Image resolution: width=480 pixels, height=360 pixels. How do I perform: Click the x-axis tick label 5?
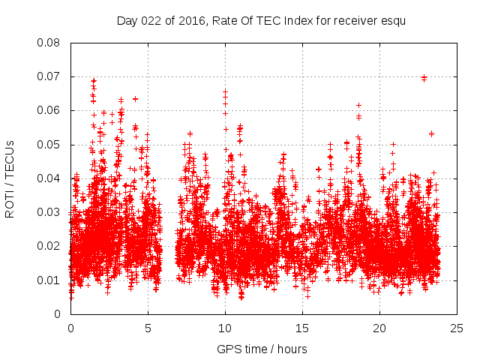click(x=148, y=328)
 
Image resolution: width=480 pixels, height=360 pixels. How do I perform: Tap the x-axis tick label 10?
click(x=225, y=328)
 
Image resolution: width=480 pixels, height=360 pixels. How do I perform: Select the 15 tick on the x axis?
click(x=302, y=328)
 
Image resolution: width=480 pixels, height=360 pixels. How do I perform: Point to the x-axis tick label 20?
click(x=379, y=328)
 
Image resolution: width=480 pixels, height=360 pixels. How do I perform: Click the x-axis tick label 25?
click(x=457, y=328)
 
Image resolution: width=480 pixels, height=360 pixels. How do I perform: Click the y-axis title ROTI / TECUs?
click(x=10, y=178)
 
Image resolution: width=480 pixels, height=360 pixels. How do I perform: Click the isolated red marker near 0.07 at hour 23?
click(x=424, y=77)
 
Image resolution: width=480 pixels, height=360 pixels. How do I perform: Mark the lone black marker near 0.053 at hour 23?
click(x=431, y=133)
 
